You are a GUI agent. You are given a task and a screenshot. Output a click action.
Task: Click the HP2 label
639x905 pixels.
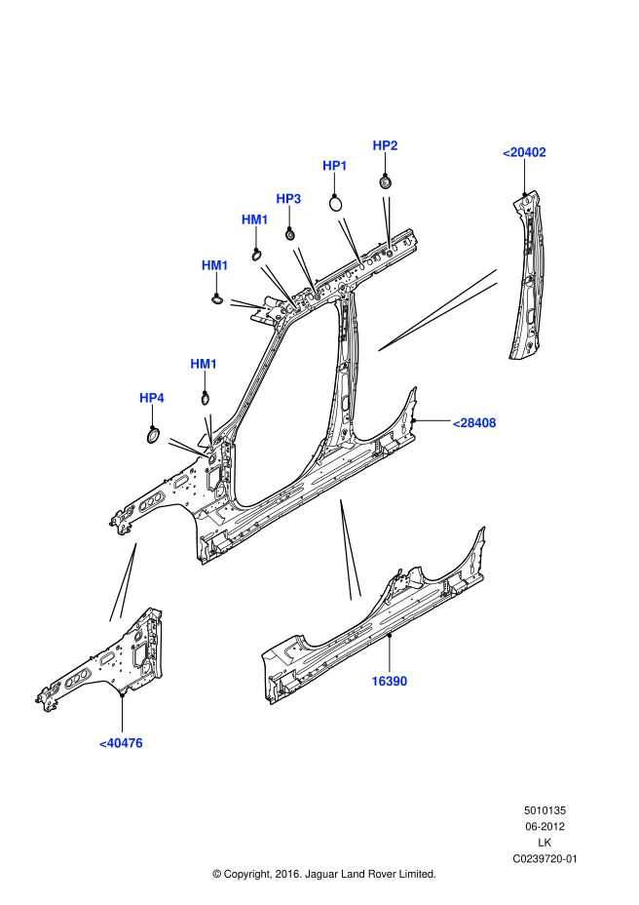(385, 145)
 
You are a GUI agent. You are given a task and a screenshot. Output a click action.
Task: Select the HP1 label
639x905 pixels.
(335, 166)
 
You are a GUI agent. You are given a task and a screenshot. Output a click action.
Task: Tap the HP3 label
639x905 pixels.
(288, 199)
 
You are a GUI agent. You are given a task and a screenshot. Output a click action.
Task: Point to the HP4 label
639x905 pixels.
(152, 398)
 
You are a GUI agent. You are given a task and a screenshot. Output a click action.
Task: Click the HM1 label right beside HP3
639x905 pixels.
(254, 219)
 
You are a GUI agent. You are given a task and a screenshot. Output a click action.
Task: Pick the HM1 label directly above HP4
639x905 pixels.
(204, 364)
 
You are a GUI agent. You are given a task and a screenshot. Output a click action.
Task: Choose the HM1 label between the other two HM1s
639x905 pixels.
(214, 265)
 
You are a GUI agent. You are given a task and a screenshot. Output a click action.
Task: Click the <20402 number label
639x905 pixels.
(524, 152)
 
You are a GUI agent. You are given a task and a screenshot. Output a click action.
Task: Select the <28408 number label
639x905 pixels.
(474, 423)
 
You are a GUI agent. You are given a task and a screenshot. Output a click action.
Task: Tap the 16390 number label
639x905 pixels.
(389, 682)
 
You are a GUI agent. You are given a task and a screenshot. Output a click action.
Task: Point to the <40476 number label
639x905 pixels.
(121, 743)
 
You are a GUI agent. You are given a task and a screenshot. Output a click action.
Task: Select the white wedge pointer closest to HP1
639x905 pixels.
(350, 240)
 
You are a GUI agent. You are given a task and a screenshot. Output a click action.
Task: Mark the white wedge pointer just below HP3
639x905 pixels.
(304, 269)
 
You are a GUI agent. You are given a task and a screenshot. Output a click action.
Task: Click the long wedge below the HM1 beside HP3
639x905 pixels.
(278, 286)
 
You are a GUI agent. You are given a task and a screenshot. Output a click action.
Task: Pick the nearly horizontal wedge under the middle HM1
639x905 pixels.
(246, 305)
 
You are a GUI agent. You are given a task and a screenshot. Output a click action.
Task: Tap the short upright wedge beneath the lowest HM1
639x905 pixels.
(208, 428)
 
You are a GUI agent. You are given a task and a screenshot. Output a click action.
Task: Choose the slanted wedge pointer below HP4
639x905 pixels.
(187, 448)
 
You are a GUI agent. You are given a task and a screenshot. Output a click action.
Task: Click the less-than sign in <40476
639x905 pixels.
(103, 743)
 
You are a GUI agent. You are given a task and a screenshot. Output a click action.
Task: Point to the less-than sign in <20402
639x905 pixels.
(507, 152)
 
